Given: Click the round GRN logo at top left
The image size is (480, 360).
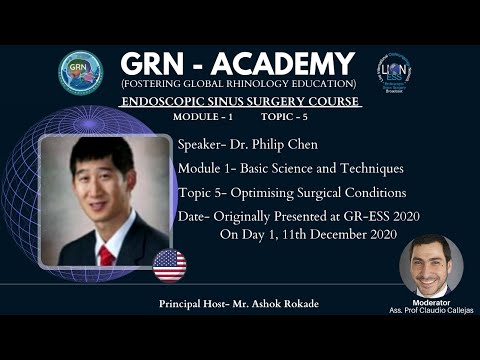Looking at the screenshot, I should [x=80, y=72].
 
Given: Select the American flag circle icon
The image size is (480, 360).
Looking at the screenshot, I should [x=169, y=266].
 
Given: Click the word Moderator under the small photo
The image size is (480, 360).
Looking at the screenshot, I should [x=431, y=302].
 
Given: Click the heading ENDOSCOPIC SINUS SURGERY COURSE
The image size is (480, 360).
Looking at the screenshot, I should [x=239, y=102].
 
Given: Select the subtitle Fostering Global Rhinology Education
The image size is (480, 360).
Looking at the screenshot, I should [x=237, y=83].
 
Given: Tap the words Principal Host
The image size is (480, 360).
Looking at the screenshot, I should [x=193, y=302].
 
